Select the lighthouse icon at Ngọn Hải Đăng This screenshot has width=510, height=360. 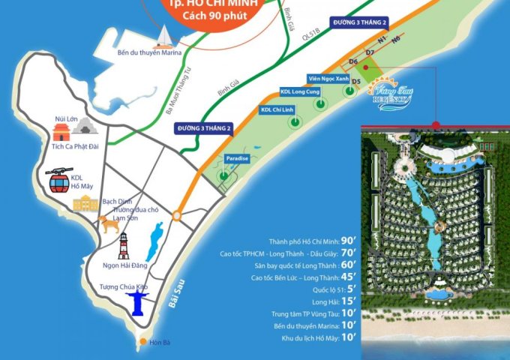tap(122, 246)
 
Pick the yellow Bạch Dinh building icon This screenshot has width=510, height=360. tap(85, 202)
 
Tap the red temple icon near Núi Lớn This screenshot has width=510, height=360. tap(61, 133)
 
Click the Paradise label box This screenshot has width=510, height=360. tap(237, 159)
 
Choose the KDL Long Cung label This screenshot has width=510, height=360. tap(303, 93)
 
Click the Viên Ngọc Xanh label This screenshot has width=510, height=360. tap(328, 78)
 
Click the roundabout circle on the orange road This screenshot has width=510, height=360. tap(177, 216)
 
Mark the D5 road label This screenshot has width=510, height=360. tap(357, 81)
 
